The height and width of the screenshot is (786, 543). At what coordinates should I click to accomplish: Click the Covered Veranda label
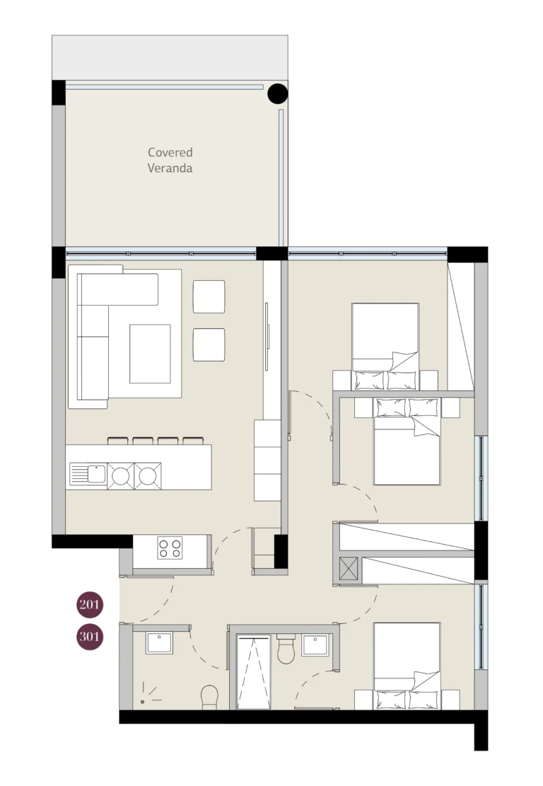[170, 160]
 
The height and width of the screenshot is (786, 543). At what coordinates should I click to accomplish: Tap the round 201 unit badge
[90, 605]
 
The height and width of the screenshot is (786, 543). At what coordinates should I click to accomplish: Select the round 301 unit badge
[90, 637]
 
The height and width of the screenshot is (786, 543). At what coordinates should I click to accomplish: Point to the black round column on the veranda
[278, 93]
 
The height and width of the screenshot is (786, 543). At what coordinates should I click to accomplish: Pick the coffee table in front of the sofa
[150, 353]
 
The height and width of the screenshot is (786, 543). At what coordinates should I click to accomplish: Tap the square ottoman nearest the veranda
[209, 296]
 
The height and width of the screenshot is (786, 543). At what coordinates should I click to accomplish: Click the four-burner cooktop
[170, 547]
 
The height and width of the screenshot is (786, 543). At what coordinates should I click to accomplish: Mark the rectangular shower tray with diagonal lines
[253, 671]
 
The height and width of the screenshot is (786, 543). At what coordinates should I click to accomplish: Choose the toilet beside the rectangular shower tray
[286, 649]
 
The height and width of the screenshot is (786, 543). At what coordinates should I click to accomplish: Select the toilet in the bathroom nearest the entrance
[210, 698]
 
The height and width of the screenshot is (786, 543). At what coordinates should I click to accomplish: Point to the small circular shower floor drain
[142, 701]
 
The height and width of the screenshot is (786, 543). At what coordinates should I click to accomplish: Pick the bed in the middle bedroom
[407, 442]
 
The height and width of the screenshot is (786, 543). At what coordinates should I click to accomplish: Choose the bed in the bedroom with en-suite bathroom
[407, 665]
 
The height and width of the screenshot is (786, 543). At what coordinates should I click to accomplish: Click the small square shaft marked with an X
[349, 570]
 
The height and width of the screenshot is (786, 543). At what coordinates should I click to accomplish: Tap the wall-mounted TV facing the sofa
[267, 335]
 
